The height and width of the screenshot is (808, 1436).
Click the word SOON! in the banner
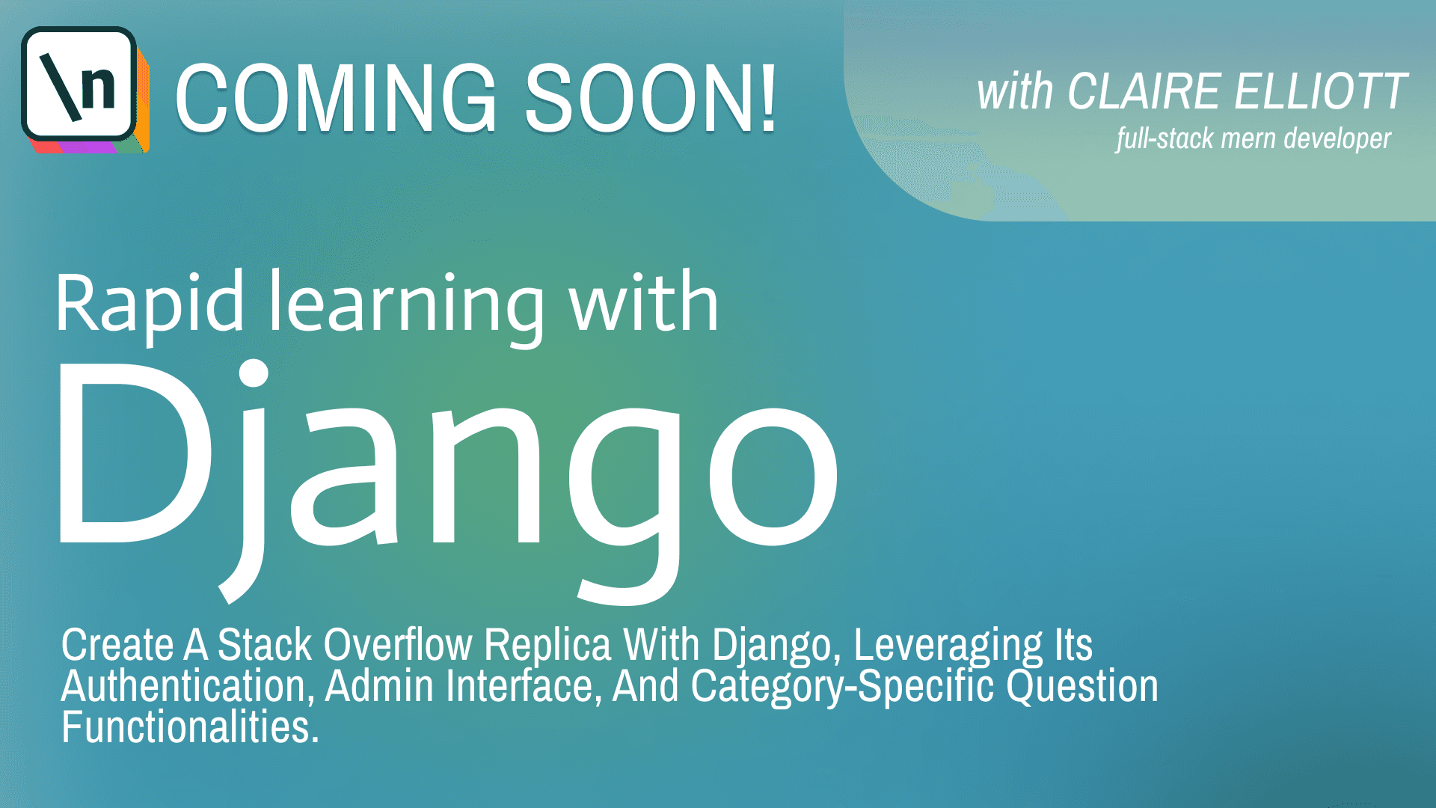(651, 98)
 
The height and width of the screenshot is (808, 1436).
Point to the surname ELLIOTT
(1321, 92)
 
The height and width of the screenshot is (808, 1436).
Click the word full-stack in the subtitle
(1164, 138)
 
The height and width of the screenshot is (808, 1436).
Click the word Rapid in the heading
(150, 303)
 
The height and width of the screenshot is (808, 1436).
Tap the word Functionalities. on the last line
(190, 726)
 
